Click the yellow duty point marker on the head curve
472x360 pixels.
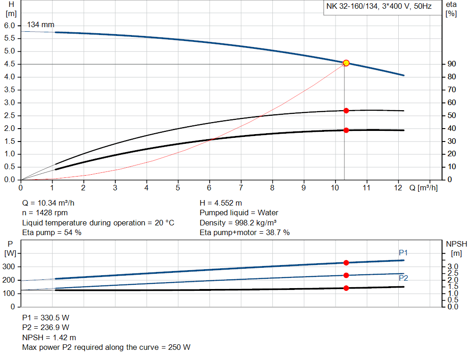pos(346,63)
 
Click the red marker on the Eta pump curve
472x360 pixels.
pos(346,111)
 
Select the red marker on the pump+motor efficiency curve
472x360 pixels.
pos(346,130)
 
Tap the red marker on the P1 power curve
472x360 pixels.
pos(346,263)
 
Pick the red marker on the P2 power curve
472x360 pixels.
pos(346,275)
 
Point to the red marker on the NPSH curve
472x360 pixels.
pos(346,288)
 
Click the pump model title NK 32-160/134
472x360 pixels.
pos(379,7)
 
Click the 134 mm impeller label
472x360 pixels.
pos(41,24)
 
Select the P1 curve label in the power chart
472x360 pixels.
pos(403,253)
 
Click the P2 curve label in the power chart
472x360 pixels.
pos(403,278)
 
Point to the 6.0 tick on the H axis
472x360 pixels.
pos(10,25)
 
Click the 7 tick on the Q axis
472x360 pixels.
pos(241,188)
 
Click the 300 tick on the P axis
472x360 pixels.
pos(9,267)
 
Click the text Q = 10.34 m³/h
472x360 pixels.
pos(49,203)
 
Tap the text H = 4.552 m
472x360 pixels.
pos(221,203)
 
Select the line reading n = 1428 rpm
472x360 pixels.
pos(45,212)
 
